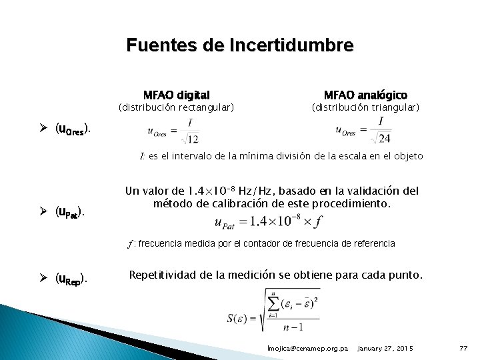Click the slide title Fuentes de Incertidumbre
240,45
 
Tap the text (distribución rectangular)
176,107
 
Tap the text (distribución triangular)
365,107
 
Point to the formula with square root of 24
363,130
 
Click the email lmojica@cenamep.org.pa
307,349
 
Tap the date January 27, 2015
385,349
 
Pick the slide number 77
465,349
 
